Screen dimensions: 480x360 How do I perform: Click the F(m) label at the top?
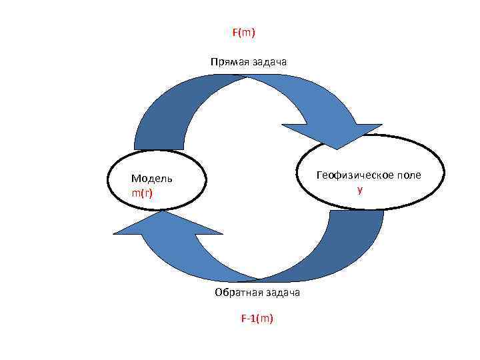pos(244,32)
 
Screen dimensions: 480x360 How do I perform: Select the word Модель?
pos(151,178)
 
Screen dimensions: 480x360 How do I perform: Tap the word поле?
pos(409,175)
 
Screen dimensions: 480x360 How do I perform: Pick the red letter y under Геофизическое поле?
pos(360,190)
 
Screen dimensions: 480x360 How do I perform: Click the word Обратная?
pos(235,293)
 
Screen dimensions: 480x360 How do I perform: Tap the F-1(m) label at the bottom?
pos(257,318)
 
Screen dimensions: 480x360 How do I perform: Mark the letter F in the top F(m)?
pos(235,32)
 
